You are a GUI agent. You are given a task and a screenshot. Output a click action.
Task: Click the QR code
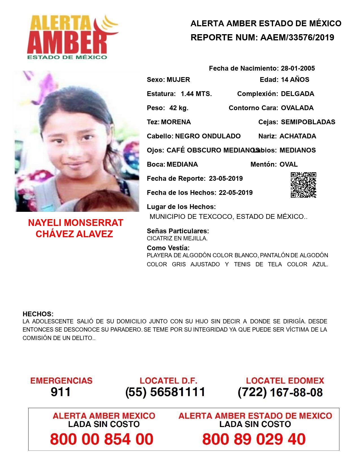point(303,185)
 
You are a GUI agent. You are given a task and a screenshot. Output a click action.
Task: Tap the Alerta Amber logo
point(72,37)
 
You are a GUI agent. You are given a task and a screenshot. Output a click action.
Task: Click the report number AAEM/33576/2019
point(297,37)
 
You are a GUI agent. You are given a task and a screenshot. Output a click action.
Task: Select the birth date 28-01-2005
point(298,68)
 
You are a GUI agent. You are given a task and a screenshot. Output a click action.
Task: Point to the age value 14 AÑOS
point(295,80)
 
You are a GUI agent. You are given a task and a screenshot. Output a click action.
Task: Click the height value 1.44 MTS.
point(196,94)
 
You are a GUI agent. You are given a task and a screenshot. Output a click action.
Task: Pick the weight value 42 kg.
point(179,108)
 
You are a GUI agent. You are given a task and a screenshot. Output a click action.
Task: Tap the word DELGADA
point(297,94)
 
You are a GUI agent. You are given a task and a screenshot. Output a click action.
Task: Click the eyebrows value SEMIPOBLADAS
point(308,122)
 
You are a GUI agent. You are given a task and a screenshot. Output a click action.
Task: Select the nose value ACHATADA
point(298,136)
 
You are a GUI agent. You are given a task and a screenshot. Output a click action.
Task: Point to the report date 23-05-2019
point(226,178)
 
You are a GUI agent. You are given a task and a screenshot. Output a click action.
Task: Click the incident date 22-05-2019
point(235,193)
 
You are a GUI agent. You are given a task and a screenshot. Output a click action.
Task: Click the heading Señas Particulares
point(178,231)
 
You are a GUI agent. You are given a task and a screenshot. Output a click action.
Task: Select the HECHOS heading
point(38,314)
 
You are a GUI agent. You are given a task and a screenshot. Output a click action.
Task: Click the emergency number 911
point(61,392)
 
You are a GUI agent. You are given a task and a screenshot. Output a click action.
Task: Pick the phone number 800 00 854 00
point(102,439)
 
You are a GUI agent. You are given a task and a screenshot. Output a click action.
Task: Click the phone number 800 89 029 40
point(254,439)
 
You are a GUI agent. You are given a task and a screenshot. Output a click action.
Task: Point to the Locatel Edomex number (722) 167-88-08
point(280,392)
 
